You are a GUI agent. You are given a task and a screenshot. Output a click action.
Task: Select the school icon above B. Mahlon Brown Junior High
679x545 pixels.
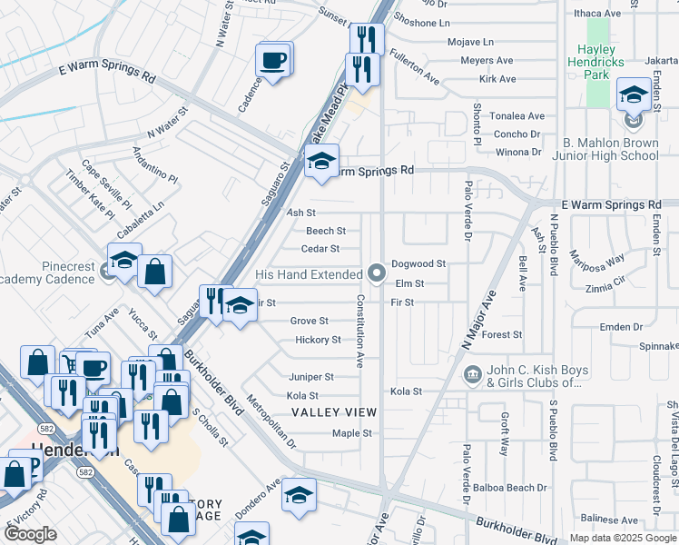(x=634, y=94)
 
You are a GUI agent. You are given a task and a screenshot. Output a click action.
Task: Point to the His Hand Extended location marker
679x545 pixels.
(x=378, y=272)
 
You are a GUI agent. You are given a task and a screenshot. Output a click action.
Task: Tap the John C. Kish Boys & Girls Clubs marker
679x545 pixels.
(x=472, y=374)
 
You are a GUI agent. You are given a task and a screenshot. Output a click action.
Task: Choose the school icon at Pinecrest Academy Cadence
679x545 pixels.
(x=124, y=261)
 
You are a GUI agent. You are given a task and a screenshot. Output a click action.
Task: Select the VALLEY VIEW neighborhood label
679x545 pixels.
(x=333, y=412)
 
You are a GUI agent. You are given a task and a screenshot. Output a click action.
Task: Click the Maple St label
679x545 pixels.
(x=352, y=433)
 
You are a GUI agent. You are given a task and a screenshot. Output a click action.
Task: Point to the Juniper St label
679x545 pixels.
(x=310, y=376)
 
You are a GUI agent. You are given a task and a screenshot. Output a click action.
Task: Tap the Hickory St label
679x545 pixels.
(x=318, y=340)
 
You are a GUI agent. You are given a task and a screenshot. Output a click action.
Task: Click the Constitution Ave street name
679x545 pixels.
(x=360, y=331)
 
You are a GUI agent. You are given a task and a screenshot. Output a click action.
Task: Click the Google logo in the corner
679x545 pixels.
(x=31, y=533)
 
